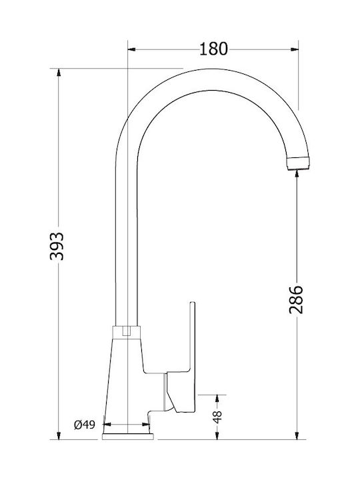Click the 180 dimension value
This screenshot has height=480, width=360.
[213, 49]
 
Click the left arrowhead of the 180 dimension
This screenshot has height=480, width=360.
[131, 49]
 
